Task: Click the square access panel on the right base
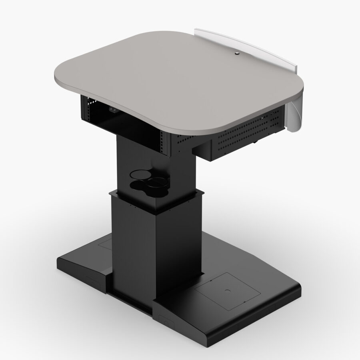(x=226, y=292)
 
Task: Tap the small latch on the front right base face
(x=164, y=320)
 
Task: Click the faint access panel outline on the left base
(x=105, y=243)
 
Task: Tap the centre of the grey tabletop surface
(x=180, y=80)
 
